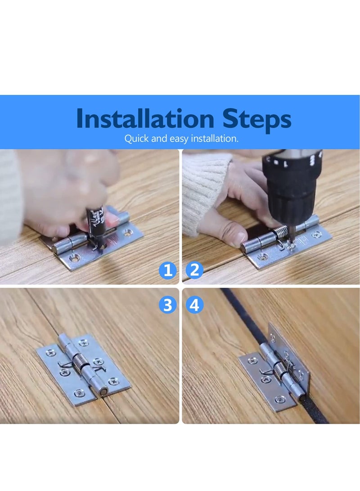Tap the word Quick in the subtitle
[136, 139]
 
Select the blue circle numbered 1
[168, 270]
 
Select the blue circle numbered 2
[194, 270]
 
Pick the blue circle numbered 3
[168, 305]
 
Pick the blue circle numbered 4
[194, 305]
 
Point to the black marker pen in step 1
[96, 221]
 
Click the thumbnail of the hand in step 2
[230, 236]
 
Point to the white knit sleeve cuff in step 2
[205, 189]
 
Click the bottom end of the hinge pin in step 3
[103, 392]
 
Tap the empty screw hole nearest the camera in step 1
[75, 258]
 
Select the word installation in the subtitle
[215, 139]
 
